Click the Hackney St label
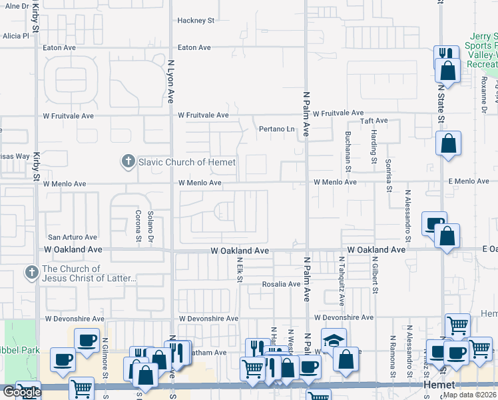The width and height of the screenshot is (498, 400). tap(196, 21)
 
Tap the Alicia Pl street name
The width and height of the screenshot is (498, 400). tap(17, 36)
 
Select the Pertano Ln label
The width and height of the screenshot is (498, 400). tap(276, 129)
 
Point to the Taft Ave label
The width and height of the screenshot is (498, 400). tap(373, 121)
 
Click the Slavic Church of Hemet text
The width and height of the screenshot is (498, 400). tap(186, 162)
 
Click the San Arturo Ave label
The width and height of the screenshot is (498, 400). tap(72, 237)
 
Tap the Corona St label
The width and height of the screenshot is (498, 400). tap(139, 227)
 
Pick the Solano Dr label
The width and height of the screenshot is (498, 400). tap(151, 226)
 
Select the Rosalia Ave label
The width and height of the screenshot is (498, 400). tap(280, 284)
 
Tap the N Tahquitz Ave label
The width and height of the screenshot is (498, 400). tap(341, 281)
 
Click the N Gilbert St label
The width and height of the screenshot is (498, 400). tap(375, 277)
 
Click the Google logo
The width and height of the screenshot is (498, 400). tap(21, 392)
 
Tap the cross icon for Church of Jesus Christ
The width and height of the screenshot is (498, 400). tap(31, 273)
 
